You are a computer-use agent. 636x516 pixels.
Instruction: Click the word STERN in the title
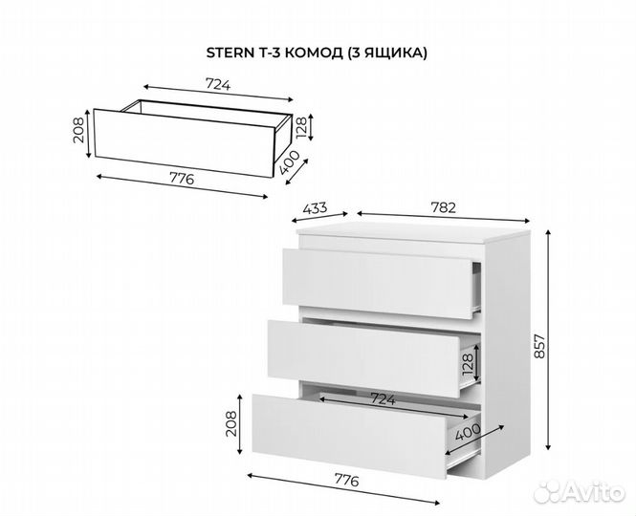coord(230,54)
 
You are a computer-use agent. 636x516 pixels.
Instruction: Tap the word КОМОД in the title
coord(313,54)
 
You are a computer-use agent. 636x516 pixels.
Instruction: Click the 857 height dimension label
coord(539,346)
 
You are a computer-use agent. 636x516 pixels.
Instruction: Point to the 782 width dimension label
coord(444,207)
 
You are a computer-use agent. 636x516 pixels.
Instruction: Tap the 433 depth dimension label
coord(316,208)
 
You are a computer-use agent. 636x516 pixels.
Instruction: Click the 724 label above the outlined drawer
coord(218,85)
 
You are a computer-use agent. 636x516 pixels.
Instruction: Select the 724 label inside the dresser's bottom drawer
coord(383,399)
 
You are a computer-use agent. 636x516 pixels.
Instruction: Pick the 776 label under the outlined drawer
coord(182,179)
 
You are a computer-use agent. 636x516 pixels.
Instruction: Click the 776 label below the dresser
coord(347,481)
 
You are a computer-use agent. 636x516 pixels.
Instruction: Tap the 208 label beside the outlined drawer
coord(79,130)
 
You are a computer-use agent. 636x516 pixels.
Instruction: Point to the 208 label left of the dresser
coord(230,423)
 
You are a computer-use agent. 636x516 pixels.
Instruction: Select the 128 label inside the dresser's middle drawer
coord(467,364)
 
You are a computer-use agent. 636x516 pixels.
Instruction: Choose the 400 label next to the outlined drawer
coord(290,162)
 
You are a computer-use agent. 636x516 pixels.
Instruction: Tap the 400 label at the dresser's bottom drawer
coord(468,432)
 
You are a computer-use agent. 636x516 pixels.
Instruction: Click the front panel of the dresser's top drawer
coord(377,284)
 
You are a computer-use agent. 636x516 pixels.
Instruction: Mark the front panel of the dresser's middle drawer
coord(363,358)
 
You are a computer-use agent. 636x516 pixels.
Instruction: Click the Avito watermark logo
coord(580,492)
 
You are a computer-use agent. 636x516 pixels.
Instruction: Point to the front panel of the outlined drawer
coord(185,142)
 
